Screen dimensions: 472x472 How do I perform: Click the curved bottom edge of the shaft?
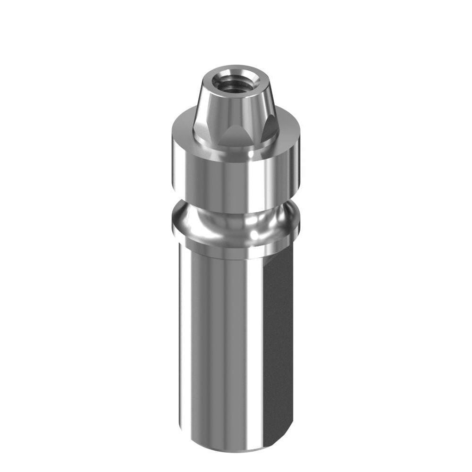tap(227, 448)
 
